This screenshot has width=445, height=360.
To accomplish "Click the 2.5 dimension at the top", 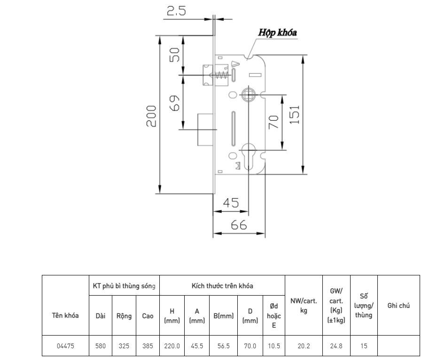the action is pos(176,11).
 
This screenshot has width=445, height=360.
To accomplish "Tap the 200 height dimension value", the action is pos(151,116).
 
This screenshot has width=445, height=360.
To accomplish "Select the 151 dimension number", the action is pos(295,115).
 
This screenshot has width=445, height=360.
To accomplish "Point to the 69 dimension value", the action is pos(174,103).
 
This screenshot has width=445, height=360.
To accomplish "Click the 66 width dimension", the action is pos(239,225).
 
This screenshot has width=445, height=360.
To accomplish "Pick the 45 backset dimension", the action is pos(231,203).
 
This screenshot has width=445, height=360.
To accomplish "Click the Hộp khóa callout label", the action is pos(277,32).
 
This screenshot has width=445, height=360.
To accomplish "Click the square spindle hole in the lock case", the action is pos(248,95).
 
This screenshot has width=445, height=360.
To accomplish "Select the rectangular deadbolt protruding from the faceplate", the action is pos(205,130).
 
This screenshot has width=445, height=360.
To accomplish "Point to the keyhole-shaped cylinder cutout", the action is pos(248,157).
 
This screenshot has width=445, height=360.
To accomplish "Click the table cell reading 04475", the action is pos(65,346).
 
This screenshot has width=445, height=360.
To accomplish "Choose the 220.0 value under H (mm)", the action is pos(172,346).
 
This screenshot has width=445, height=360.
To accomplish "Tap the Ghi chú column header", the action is pos(398,305).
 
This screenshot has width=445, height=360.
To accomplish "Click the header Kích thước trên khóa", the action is pos(222,286).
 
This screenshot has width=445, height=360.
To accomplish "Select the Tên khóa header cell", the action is pos(65,315).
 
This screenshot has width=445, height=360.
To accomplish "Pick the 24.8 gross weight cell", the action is pos(336,346).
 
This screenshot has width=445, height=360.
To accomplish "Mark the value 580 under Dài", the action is pos(101,346).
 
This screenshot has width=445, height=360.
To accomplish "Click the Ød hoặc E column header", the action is pos(274,315).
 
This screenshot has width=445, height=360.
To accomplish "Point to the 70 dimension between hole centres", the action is pos(273,122).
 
